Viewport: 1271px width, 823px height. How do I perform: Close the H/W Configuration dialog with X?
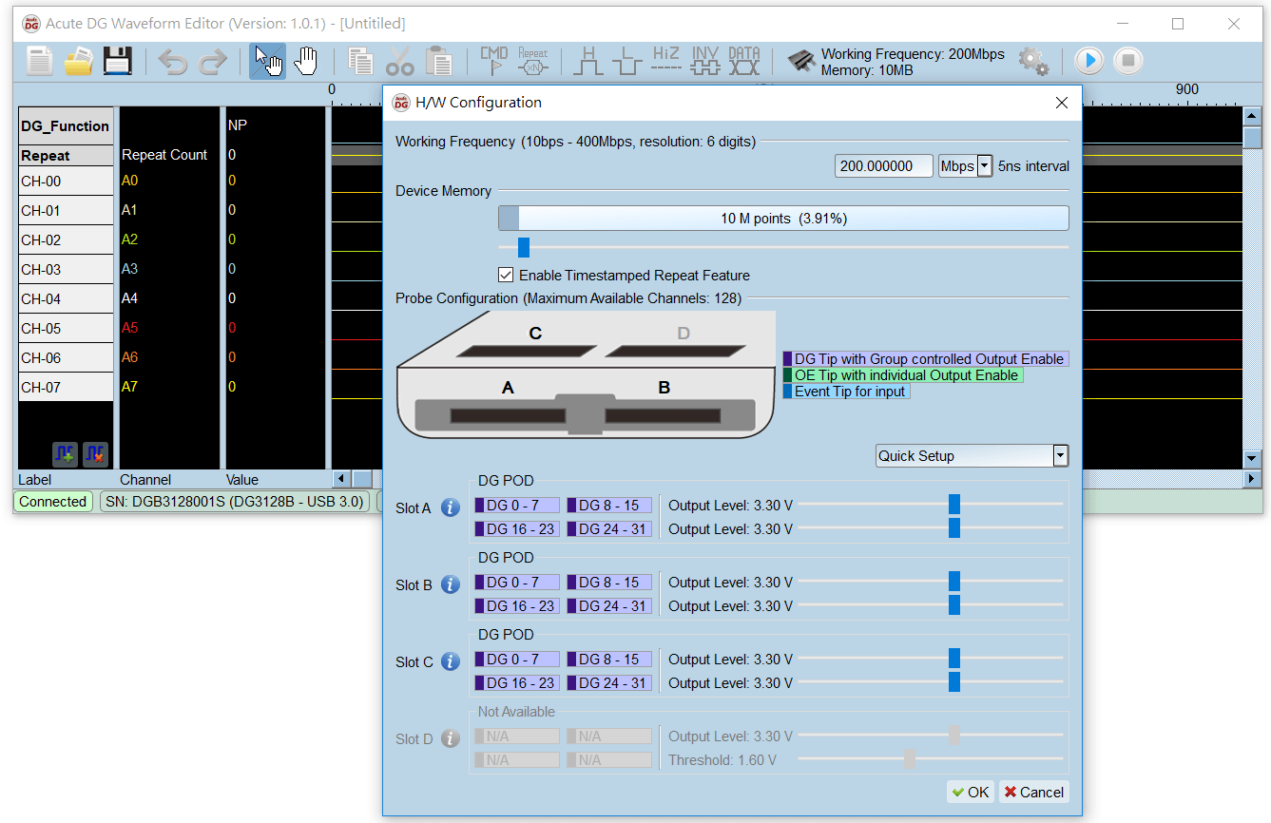1062,103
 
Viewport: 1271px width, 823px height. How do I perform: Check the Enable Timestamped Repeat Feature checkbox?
506,276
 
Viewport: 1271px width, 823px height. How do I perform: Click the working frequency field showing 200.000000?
883,166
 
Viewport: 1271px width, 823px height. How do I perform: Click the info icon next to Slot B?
451,584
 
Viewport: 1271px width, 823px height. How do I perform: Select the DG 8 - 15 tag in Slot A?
609,506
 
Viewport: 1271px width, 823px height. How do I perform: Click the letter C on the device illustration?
536,334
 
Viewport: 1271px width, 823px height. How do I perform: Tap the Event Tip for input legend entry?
846,392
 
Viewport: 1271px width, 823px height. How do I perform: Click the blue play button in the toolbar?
1088,61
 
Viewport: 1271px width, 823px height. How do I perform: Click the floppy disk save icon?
117,61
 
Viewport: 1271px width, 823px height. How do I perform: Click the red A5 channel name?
129,329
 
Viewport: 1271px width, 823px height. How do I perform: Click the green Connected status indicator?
53,502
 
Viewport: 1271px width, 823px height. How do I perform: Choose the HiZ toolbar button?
666,61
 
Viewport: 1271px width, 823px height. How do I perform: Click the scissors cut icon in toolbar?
400,62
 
